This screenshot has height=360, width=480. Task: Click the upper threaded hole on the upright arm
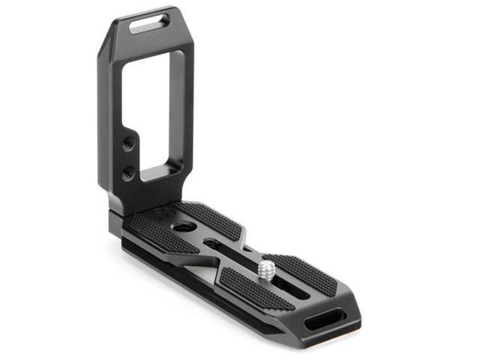point(129,141)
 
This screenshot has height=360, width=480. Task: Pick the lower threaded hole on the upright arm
point(128,172)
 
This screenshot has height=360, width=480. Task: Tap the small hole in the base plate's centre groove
point(214,244)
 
